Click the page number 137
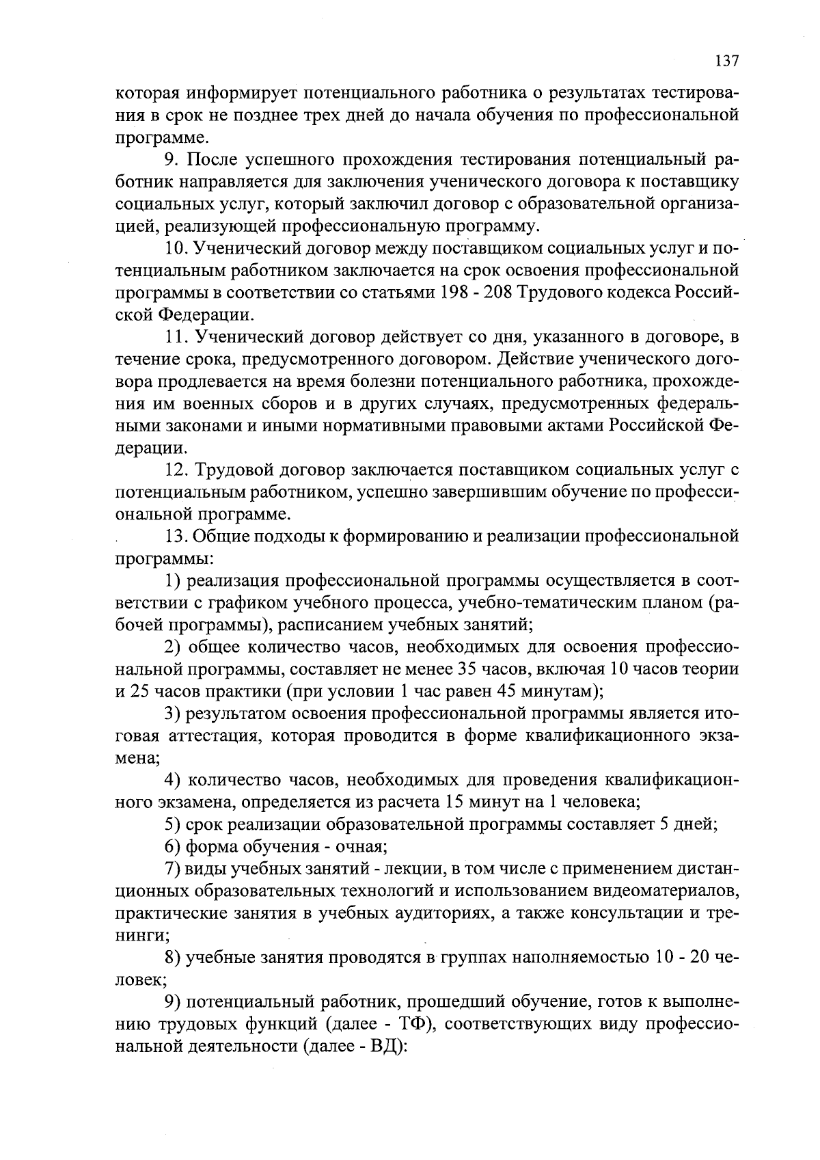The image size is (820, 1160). point(726,61)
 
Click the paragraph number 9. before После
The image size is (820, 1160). point(172,160)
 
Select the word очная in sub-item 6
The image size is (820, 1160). point(361,847)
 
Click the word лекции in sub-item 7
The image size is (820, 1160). point(410,869)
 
